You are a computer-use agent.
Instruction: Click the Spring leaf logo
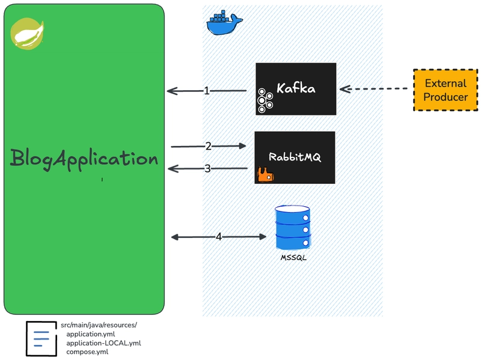pyautogui.click(x=27, y=34)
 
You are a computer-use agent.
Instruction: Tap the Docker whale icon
pyautogui.click(x=224, y=23)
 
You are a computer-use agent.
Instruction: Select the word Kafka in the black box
pyautogui.click(x=296, y=88)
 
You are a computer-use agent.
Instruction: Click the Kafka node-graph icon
pyautogui.click(x=265, y=100)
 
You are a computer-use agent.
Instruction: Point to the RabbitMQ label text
pyautogui.click(x=295, y=157)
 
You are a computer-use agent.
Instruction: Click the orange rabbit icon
pyautogui.click(x=265, y=174)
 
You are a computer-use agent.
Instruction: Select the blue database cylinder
pyautogui.click(x=293, y=228)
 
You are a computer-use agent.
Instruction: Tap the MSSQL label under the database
pyautogui.click(x=293, y=258)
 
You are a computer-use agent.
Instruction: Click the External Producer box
pyautogui.click(x=446, y=90)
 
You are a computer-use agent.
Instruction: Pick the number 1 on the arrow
pyautogui.click(x=207, y=91)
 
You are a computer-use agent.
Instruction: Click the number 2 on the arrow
pyautogui.click(x=208, y=146)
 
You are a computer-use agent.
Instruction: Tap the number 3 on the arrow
pyautogui.click(x=207, y=168)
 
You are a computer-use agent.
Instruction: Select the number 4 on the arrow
pyautogui.click(x=219, y=237)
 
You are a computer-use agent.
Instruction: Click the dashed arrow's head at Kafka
pyautogui.click(x=341, y=89)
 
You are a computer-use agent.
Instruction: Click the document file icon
pyautogui.click(x=41, y=338)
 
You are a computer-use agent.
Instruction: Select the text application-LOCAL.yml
pyautogui.click(x=103, y=343)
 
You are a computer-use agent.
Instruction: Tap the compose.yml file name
pyautogui.click(x=87, y=352)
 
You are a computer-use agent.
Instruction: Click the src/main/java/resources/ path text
pyautogui.click(x=99, y=325)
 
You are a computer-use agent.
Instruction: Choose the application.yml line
pyautogui.click(x=91, y=334)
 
